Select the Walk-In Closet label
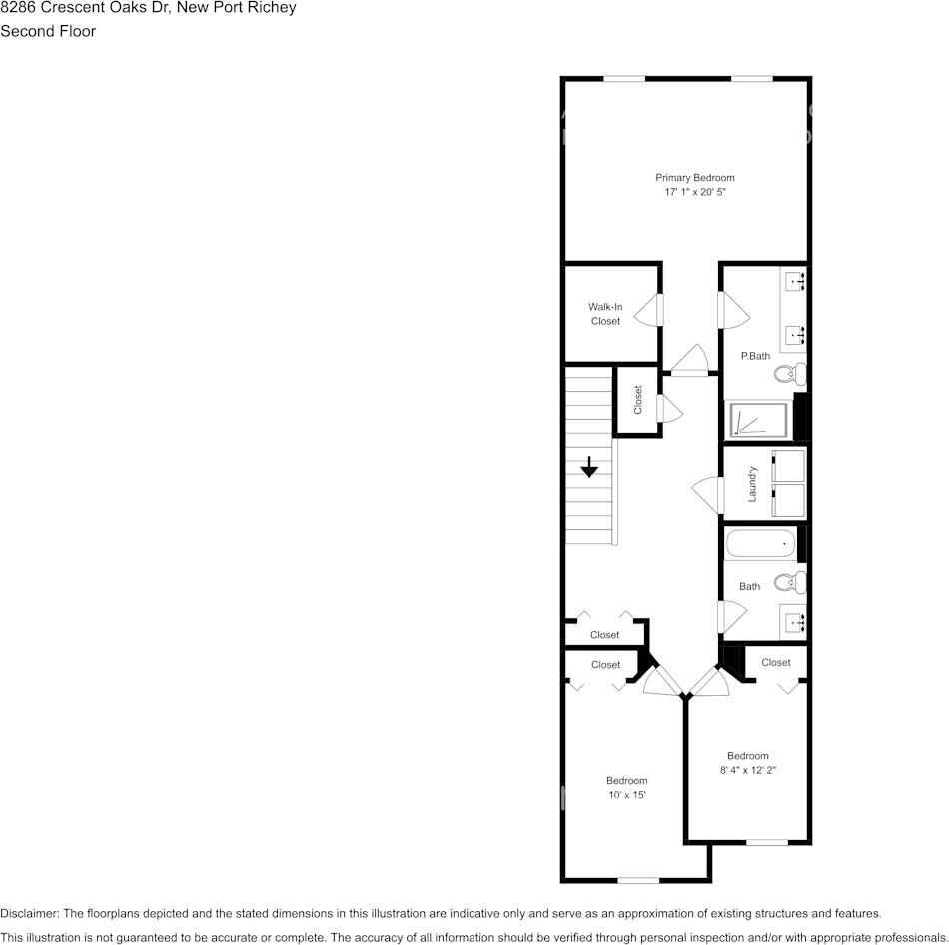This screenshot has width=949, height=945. point(605,314)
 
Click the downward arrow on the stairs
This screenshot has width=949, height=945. point(589,467)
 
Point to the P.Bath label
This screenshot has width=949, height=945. point(755,356)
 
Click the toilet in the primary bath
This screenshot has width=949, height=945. point(788,375)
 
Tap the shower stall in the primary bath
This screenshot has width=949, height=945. point(758,421)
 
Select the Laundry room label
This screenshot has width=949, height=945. point(752,484)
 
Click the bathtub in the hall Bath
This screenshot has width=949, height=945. point(760,544)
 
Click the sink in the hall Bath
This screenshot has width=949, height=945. point(795,623)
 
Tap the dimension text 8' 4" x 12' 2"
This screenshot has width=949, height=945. point(747,770)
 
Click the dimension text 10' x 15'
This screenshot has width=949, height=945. point(626,795)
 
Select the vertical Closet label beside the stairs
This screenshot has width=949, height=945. point(638,400)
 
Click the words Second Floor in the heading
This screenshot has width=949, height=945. point(48,31)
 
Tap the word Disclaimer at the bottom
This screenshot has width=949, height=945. point(29,913)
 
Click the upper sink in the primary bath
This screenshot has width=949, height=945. point(796,281)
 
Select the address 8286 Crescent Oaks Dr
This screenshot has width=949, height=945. point(85,8)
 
